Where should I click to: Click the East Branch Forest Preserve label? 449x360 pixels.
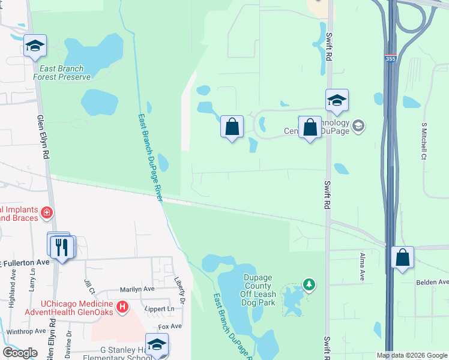coord(62,73)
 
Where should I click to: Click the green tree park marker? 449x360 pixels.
coord(309,284)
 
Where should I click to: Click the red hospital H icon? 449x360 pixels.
coord(122,308)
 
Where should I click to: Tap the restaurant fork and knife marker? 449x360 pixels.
coord(62,246)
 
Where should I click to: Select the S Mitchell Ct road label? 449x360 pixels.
coord(424,141)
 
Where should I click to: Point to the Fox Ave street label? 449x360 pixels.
coord(169,326)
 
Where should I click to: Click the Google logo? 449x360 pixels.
coord(20,353)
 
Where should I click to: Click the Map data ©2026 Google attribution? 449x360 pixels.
coord(411,355)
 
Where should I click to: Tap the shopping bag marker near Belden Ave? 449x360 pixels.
coord(403,257)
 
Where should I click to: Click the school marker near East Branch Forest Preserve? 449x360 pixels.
coord(35,46)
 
